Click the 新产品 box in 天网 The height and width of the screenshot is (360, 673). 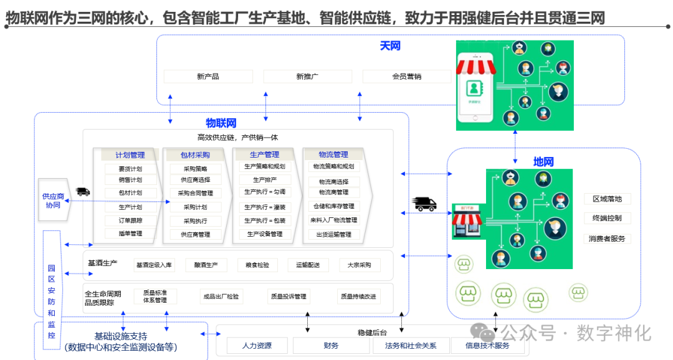coord(208,77)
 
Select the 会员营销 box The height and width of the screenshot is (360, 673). coord(406,77)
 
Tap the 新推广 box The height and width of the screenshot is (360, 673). coord(307,77)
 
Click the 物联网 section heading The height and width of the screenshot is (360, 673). coord(221,123)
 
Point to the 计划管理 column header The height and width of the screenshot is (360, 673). coord(130,155)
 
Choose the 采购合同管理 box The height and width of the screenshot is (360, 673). coord(195,193)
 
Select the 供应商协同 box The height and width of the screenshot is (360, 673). coord(53,201)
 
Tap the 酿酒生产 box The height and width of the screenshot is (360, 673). coord(206,265)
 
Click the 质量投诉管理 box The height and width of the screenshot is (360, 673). coord(288,296)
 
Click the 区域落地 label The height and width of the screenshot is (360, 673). coord(607,199)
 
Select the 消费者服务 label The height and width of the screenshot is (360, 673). coord(607,239)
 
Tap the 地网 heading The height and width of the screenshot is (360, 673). coord(543,162)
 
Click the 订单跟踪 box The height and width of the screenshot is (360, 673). coord(130,220)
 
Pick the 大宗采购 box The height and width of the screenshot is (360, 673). coord(359,265)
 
